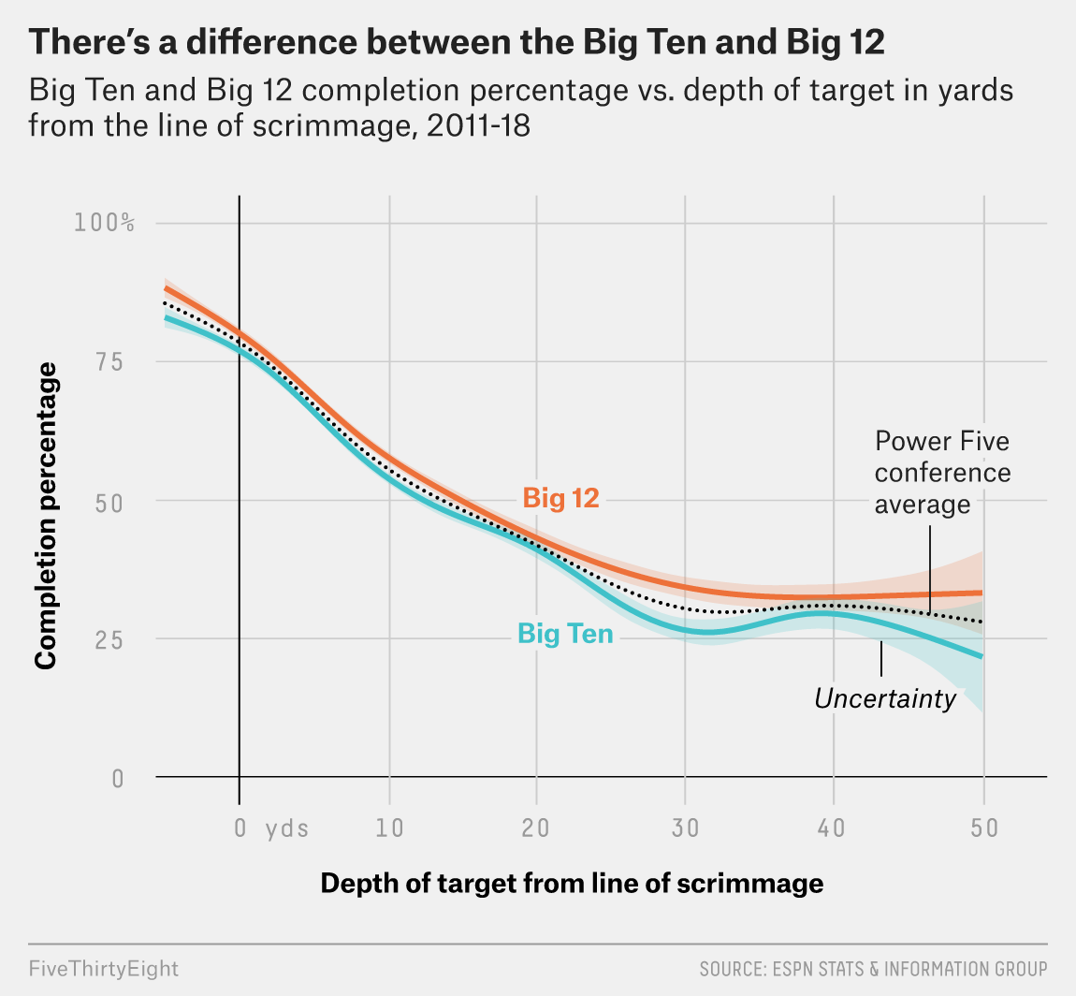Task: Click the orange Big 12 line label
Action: pyautogui.click(x=560, y=498)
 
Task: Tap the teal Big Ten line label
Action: pyautogui.click(x=565, y=635)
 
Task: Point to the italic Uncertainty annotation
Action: pyautogui.click(x=885, y=698)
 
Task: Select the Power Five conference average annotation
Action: pyautogui.click(x=942, y=473)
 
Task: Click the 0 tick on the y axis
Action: pyautogui.click(x=118, y=778)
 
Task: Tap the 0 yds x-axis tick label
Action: pyautogui.click(x=269, y=828)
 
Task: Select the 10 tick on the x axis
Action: pyautogui.click(x=388, y=828)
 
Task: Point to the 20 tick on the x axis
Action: pyautogui.click(x=536, y=828)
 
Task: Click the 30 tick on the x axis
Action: pyautogui.click(x=685, y=828)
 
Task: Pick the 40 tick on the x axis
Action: pyautogui.click(x=833, y=828)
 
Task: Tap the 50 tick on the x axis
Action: pyautogui.click(x=982, y=828)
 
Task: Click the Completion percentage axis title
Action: pyautogui.click(x=46, y=516)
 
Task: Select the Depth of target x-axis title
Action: pyautogui.click(x=572, y=884)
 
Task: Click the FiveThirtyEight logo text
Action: pyautogui.click(x=103, y=968)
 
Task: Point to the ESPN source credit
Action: pyautogui.click(x=873, y=968)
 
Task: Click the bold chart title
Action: pyautogui.click(x=458, y=44)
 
